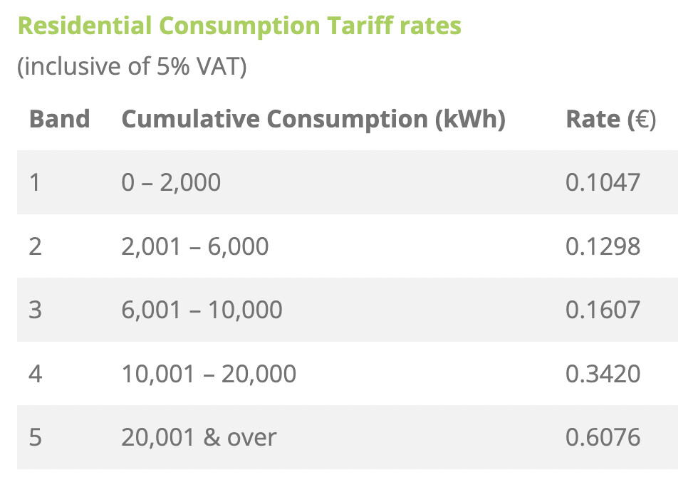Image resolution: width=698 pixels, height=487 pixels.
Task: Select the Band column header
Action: pos(59,119)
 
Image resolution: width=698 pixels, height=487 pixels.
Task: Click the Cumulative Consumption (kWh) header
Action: pos(313,119)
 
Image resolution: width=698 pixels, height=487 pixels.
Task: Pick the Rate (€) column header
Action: pos(610,119)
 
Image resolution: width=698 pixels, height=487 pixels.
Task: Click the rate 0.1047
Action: pos(603,182)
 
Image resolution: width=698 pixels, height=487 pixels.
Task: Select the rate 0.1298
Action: pos(603,246)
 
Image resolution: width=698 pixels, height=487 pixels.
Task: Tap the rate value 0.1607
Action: pos(603,310)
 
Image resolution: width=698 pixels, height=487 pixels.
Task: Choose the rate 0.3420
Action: pos(603,373)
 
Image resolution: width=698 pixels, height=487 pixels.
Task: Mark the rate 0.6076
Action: pos(603,436)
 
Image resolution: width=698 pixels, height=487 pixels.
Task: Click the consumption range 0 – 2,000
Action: pos(171,182)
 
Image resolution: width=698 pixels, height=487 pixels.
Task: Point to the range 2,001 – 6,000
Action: pos(195,246)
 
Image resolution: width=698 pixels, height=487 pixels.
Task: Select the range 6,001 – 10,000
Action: pos(202,310)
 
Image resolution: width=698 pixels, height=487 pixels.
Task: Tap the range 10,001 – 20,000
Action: pos(209,373)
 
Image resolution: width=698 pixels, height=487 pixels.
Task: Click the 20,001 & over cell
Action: pos(199,436)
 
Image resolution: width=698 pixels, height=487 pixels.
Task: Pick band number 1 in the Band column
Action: pos(35,182)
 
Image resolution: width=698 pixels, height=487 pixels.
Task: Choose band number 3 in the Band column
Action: pos(35,310)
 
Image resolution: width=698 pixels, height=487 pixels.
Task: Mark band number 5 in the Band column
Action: pos(35,436)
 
